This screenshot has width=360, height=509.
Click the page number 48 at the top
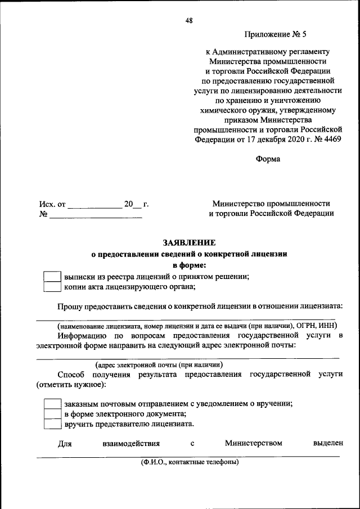click(188, 21)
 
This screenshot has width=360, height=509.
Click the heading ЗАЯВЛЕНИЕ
click(189, 243)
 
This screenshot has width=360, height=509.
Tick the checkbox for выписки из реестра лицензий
click(52, 277)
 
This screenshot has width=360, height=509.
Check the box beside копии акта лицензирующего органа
click(52, 287)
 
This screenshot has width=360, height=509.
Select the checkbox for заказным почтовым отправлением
click(52, 404)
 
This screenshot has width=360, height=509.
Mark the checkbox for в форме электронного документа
click(52, 414)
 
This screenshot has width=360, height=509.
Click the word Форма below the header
click(268, 159)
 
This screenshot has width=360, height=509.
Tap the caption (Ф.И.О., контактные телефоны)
click(190, 462)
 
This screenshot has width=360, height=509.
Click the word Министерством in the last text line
click(253, 444)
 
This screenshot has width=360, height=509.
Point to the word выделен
click(327, 444)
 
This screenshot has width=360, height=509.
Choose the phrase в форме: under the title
click(189, 265)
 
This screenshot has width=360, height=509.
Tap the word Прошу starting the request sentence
click(69, 306)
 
